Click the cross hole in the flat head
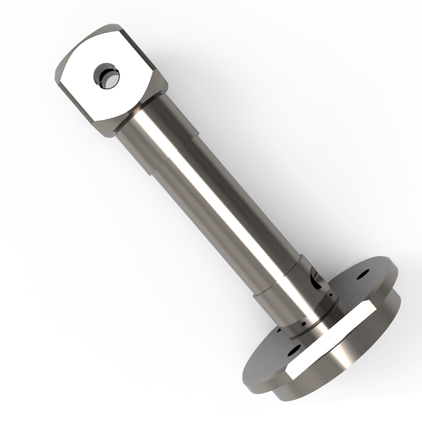[x=106, y=76]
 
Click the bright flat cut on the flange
[x=333, y=338]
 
